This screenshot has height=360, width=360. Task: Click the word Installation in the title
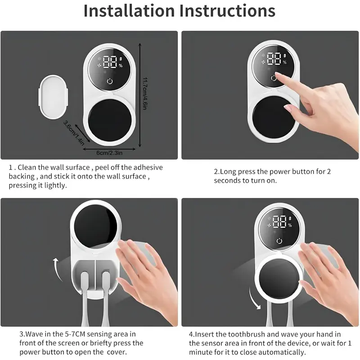coord(129,11)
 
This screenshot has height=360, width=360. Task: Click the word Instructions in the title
coord(227,11)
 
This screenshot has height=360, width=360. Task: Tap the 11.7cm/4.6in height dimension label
coord(145,94)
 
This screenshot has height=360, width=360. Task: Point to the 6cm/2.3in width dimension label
coord(109,153)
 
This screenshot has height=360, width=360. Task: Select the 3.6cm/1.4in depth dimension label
coord(74,133)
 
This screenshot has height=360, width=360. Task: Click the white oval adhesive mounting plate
coord(53,97)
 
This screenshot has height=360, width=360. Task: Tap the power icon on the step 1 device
coord(110,81)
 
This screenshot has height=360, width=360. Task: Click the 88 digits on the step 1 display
coord(110,62)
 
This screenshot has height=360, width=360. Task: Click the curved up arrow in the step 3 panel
coord(57,269)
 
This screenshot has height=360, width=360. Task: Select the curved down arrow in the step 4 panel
coord(254,298)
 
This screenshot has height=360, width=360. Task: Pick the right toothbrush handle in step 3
coord(105,298)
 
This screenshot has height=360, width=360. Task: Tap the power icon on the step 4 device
coord(279,241)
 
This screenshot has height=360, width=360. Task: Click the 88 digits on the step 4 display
coord(279,221)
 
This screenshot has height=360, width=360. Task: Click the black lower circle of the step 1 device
coord(110,120)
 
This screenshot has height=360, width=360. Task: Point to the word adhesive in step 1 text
coord(148,167)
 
